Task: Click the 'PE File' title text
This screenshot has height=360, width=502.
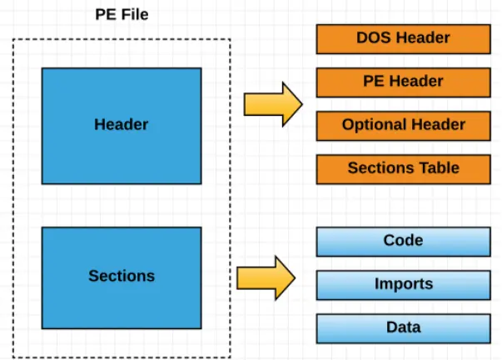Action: tap(122, 15)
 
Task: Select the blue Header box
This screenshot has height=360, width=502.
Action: tap(122, 125)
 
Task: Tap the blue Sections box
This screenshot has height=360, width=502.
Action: tap(122, 277)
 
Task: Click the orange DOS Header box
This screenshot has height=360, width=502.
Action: tap(403, 37)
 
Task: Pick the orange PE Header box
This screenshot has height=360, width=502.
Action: tap(403, 82)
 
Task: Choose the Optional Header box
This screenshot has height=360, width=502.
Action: tap(403, 125)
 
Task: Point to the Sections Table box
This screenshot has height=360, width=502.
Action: tap(403, 168)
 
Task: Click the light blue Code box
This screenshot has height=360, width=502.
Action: tap(403, 241)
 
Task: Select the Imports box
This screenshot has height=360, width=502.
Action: tap(403, 284)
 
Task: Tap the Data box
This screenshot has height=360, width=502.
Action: tap(403, 327)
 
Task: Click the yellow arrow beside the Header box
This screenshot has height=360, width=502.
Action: tap(271, 104)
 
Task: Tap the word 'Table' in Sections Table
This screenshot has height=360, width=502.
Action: tap(439, 168)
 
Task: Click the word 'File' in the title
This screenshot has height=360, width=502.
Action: tap(134, 15)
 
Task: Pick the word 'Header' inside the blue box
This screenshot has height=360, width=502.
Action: tap(122, 125)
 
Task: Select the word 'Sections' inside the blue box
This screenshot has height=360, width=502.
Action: tap(122, 276)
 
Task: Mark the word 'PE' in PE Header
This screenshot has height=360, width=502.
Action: tap(374, 82)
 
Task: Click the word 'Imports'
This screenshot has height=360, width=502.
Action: tap(403, 284)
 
